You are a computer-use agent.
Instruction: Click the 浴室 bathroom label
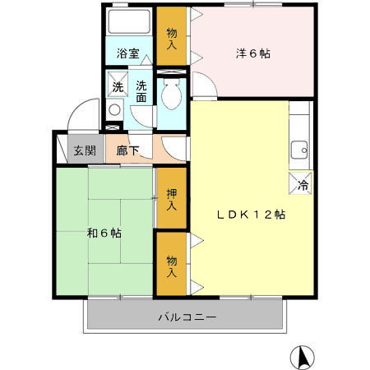(127, 55)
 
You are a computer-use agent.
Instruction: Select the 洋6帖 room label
(253, 54)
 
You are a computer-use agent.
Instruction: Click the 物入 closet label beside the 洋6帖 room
(171, 39)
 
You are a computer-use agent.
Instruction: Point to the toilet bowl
(173, 98)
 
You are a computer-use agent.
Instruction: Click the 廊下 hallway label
(127, 150)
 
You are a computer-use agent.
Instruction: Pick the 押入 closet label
(171, 200)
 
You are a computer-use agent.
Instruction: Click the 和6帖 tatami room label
(104, 233)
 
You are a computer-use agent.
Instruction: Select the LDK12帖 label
(251, 215)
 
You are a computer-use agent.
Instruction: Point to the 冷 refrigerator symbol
(302, 185)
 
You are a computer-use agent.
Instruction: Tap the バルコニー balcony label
(187, 317)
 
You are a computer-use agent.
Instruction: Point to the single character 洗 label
(118, 86)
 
